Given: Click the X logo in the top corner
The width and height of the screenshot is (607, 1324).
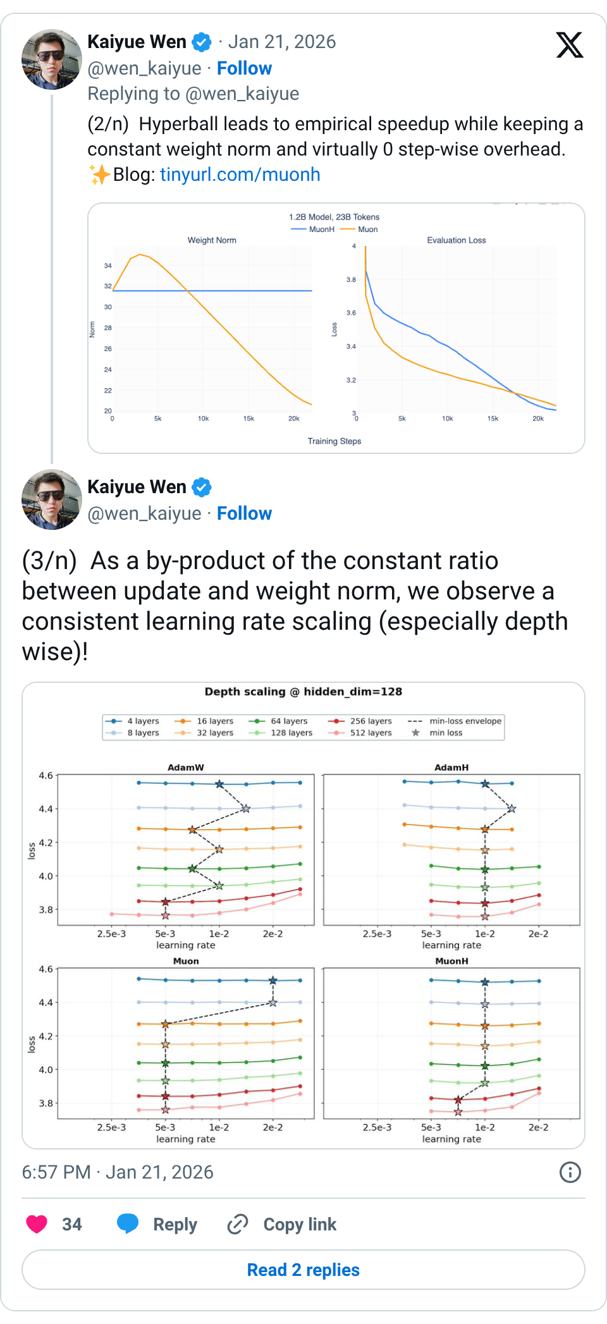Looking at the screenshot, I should [x=570, y=45].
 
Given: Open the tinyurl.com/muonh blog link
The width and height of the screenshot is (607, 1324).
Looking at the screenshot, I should [x=240, y=175].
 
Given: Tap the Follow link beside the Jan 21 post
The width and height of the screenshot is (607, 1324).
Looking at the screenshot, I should [x=244, y=68].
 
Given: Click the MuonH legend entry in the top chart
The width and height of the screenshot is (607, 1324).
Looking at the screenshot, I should [x=314, y=230].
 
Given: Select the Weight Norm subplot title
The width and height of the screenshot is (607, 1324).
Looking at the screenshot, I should [x=212, y=240].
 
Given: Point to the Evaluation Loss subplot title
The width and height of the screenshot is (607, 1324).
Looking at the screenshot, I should [x=456, y=240].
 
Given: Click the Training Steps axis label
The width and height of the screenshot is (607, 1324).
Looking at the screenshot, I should [x=334, y=441].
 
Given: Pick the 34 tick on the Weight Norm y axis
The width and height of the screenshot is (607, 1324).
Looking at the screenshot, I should [x=108, y=266].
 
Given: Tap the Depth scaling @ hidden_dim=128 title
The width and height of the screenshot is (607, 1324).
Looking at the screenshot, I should [x=303, y=692].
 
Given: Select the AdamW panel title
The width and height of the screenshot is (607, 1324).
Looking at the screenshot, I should [x=186, y=768].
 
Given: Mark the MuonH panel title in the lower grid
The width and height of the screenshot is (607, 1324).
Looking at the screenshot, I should [x=451, y=961].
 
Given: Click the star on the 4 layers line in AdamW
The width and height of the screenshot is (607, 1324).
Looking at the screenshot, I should [x=219, y=784].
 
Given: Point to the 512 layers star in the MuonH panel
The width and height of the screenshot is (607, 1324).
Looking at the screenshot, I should [x=458, y=1112].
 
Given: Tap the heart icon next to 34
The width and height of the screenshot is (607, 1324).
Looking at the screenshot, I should [x=37, y=1224].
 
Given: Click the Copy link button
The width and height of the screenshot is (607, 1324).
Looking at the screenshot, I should [x=282, y=1224].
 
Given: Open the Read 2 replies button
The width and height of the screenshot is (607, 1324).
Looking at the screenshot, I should [x=303, y=1270].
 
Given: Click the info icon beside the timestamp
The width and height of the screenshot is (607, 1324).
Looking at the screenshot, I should [x=570, y=1172].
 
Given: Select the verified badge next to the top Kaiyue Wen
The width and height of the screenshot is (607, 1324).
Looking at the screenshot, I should [x=202, y=42].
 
